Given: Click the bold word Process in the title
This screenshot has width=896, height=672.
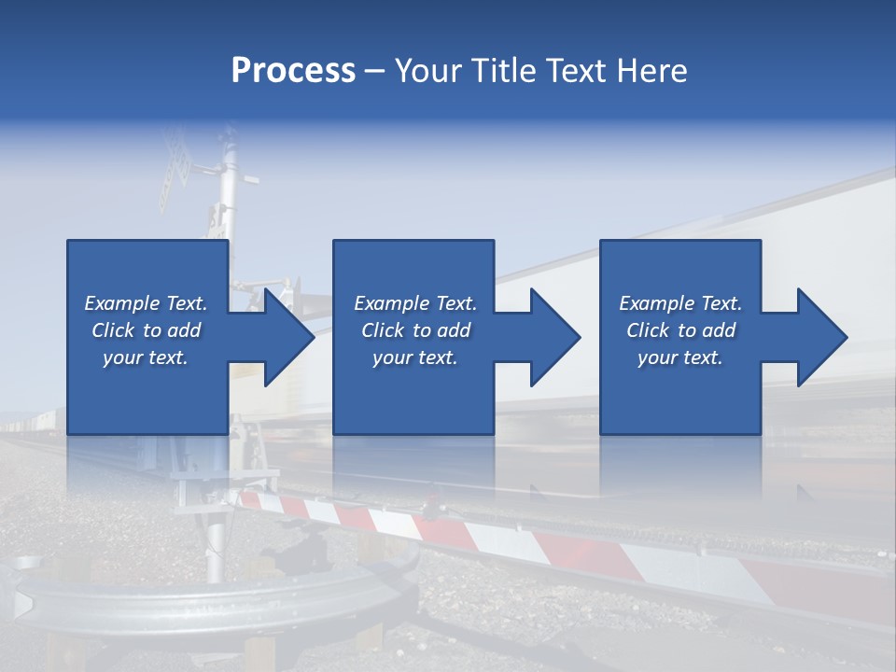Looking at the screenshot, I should [x=293, y=71].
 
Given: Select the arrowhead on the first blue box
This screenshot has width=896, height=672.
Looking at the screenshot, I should [x=286, y=337].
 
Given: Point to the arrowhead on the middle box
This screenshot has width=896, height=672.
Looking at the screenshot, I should [x=553, y=337].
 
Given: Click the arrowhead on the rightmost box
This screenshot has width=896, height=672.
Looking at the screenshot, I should [x=819, y=337].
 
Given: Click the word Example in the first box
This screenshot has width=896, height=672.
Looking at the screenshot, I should [x=122, y=303].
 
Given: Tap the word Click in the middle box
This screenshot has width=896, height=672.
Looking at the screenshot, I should [x=382, y=330].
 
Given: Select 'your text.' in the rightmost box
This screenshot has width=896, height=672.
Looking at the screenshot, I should [x=679, y=357].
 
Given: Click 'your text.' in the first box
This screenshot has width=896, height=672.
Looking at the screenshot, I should [x=145, y=357].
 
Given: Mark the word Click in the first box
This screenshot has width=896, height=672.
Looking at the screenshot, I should [x=112, y=330].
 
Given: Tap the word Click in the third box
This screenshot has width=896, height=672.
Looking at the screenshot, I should [x=647, y=330].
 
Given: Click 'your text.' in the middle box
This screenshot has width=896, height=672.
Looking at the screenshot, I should [x=414, y=357].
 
